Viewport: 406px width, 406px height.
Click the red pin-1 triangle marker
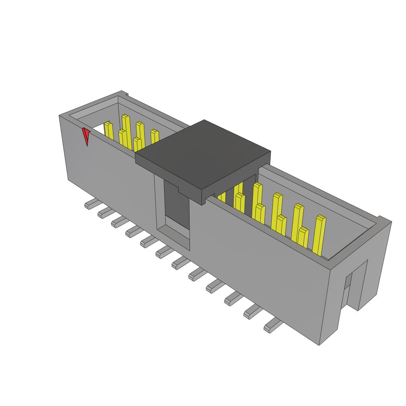point(86,136)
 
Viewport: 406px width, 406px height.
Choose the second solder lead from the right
point(253,313)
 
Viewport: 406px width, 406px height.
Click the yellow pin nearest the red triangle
point(109,131)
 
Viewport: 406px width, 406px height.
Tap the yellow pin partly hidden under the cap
point(221,197)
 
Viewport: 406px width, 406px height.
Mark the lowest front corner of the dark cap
point(203,202)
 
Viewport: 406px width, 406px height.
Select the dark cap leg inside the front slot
point(176,202)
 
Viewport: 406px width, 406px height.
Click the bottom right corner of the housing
point(320,345)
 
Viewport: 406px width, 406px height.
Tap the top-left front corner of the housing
point(60,116)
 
